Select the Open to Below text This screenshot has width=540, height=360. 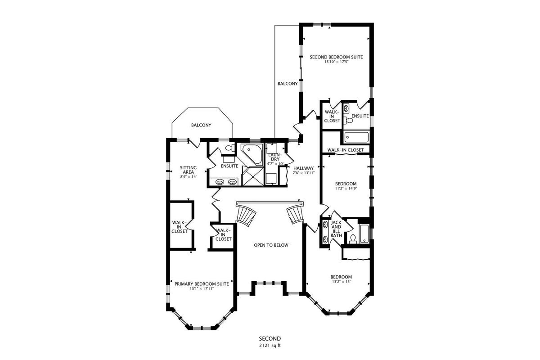(271, 245)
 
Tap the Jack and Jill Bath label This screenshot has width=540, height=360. (336, 229)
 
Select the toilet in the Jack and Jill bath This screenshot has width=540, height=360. (353, 238)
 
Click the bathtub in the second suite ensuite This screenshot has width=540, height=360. (356, 137)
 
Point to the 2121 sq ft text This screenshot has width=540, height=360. (270, 346)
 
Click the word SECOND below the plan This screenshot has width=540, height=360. (270, 339)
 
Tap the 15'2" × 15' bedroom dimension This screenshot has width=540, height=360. (341, 282)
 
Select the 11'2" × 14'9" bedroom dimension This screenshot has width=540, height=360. (346, 188)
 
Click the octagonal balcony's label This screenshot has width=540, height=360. (201, 125)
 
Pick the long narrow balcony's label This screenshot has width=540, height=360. (288, 84)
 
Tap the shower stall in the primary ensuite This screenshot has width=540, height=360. (253, 177)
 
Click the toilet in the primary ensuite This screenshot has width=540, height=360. (229, 148)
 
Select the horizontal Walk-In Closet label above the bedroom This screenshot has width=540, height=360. (345, 150)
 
